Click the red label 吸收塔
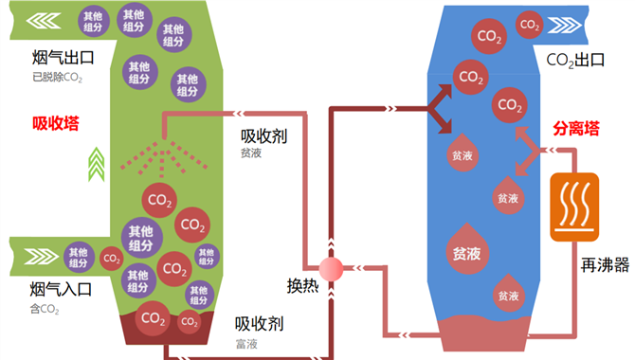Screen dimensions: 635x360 [56, 123]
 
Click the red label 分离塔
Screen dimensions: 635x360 [576, 129]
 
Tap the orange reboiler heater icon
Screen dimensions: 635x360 [574, 207]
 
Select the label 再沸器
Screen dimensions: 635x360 [605, 265]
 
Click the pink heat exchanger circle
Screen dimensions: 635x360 [331, 269]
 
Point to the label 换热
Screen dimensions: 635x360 [302, 286]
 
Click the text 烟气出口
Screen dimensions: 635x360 [63, 58]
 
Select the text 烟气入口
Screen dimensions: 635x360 [61, 290]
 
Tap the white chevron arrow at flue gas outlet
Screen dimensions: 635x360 [44, 21]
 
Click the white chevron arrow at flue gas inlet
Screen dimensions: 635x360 [42, 257]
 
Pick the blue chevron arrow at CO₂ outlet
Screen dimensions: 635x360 [565, 26]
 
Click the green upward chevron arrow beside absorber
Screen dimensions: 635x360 [97, 164]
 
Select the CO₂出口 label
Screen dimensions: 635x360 [575, 61]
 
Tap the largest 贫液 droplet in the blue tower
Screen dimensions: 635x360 [466, 249]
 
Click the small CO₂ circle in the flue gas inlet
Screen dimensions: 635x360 [112, 259]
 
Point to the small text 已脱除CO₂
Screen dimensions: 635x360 [57, 78]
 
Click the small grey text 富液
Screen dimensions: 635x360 [246, 344]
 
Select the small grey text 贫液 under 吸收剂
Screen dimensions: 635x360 [251, 153]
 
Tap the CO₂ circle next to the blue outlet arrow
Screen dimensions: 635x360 [529, 25]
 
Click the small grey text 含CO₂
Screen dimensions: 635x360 [45, 310]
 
